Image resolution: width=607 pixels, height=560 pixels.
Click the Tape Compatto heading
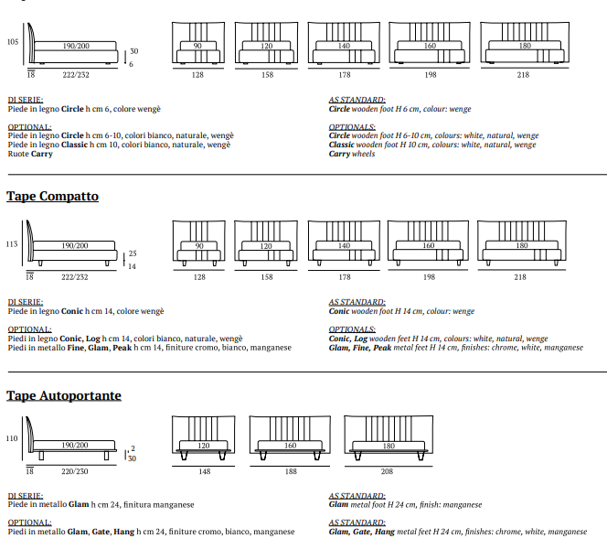(52, 197)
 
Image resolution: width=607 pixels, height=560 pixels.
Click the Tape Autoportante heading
(64, 395)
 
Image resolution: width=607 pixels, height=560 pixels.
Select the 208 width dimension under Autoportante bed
(388, 472)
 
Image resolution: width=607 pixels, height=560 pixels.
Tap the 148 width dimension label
(204, 472)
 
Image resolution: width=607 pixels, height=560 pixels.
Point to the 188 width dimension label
(290, 472)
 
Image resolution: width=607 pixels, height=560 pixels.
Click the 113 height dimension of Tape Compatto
(12, 244)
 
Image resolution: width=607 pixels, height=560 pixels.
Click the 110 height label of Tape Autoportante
(12, 438)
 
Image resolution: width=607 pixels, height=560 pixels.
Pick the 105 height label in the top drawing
(12, 42)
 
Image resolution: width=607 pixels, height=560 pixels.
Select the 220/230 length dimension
(75, 472)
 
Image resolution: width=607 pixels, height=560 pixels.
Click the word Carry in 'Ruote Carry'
(42, 154)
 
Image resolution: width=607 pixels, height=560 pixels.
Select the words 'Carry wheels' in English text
(352, 154)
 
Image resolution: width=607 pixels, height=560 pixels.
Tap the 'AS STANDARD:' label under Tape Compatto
(357, 302)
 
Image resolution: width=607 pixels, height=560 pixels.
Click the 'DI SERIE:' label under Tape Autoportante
(26, 495)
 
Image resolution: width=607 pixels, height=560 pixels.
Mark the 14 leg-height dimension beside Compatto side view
(132, 266)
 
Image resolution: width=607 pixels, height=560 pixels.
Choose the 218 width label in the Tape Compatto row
(519, 276)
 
